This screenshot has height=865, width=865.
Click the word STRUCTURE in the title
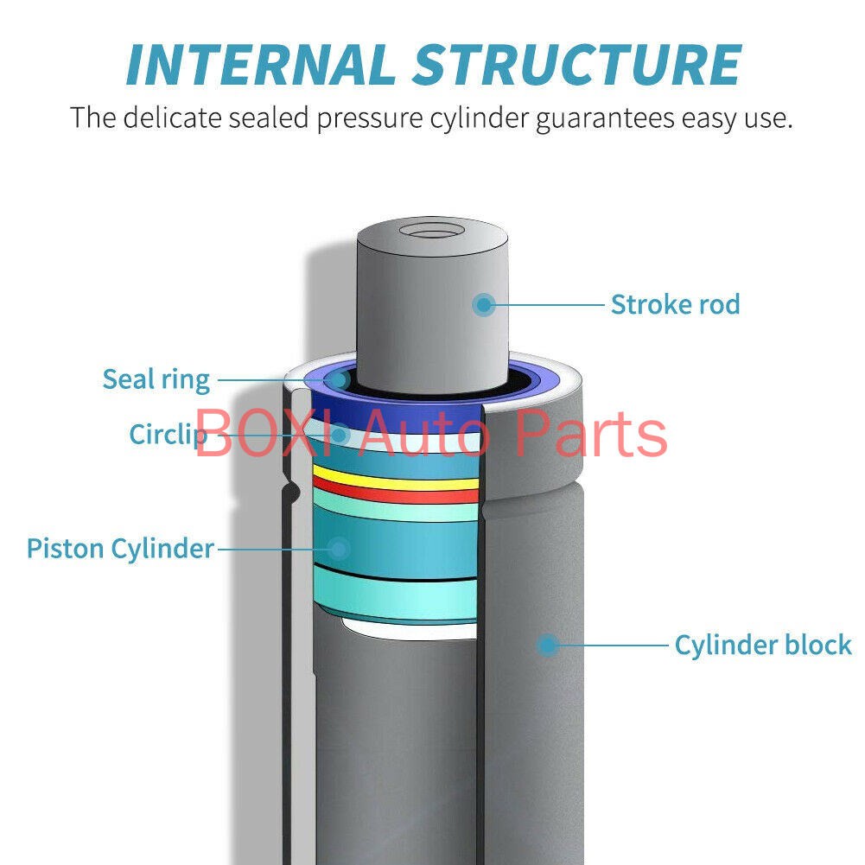(x=577, y=63)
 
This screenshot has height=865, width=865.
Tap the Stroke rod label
(x=675, y=304)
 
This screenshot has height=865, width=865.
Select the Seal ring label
(x=156, y=378)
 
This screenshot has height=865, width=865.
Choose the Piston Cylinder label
(x=120, y=548)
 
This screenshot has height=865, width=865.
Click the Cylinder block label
(x=763, y=645)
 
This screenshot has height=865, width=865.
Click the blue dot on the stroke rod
(x=485, y=304)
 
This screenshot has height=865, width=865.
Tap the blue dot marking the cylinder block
(x=547, y=645)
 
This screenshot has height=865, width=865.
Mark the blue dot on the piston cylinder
(x=339, y=548)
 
